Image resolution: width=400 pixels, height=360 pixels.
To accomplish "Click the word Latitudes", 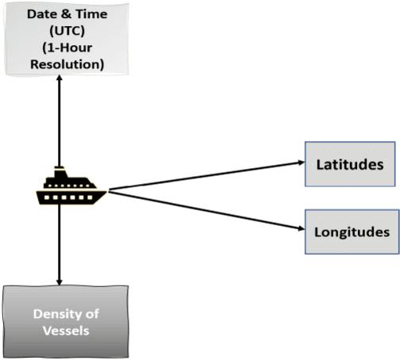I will pyautogui.click(x=350, y=164).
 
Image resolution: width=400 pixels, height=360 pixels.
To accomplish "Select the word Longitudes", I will pyautogui.click(x=352, y=232).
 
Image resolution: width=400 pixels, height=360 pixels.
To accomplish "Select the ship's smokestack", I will pyautogui.click(x=59, y=170).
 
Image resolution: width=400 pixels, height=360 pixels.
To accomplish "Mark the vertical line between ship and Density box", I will pyautogui.click(x=58, y=238).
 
